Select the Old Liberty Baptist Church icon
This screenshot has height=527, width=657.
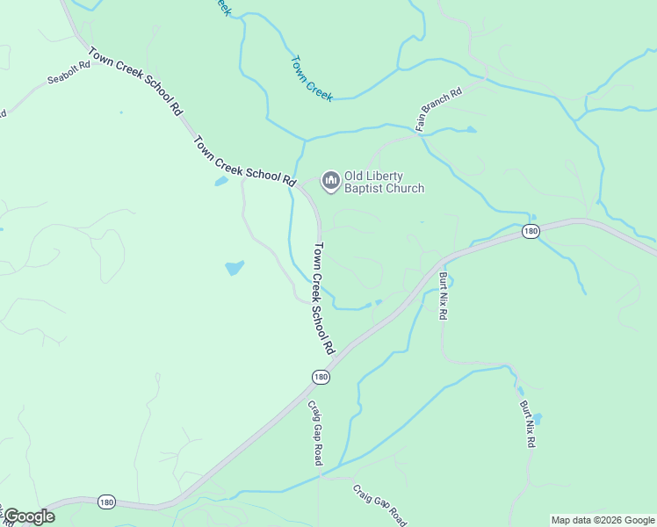click(331, 181)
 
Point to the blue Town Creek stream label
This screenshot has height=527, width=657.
click(312, 79)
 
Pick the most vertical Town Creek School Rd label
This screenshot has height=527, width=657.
click(325, 299)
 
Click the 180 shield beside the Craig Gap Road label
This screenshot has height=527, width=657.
click(321, 376)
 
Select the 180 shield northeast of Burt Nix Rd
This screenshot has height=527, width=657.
click(530, 231)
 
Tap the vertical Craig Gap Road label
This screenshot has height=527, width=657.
click(314, 433)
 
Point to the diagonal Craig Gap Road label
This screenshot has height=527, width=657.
click(379, 503)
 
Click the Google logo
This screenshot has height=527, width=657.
click(29, 516)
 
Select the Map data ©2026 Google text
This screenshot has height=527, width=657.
click(603, 520)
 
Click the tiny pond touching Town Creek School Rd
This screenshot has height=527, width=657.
click(220, 182)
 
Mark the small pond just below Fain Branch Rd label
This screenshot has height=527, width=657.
click(471, 130)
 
